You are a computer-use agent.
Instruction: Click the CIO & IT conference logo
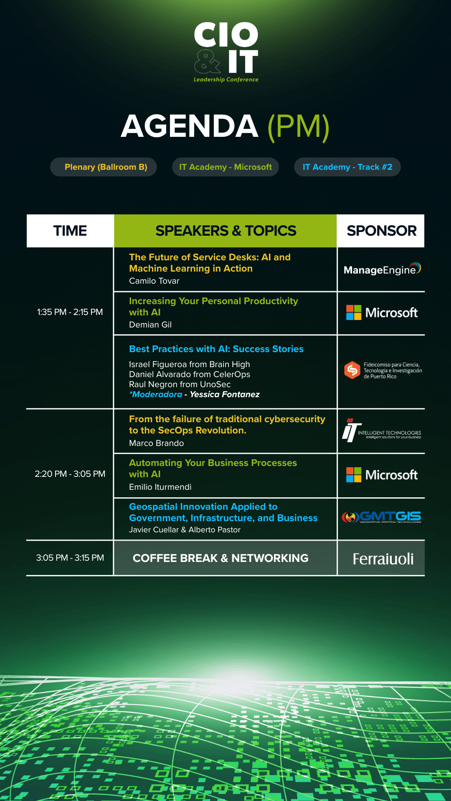click(226, 52)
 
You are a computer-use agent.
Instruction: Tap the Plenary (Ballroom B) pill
click(104, 167)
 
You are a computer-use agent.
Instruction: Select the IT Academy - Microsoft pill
click(225, 167)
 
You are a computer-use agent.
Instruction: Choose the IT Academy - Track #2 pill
click(347, 167)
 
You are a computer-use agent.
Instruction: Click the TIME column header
click(70, 231)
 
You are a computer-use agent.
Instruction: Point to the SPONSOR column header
click(381, 231)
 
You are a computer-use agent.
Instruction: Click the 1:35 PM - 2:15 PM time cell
click(70, 312)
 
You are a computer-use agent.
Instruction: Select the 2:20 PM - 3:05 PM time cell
click(70, 474)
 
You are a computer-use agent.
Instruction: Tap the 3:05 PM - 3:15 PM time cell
click(70, 558)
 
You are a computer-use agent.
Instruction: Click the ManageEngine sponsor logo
click(382, 269)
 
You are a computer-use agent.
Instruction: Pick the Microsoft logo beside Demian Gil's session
click(382, 312)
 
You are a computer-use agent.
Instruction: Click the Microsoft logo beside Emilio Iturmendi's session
click(382, 475)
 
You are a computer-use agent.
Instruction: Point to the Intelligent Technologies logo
click(382, 431)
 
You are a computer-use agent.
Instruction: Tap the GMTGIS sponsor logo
click(381, 517)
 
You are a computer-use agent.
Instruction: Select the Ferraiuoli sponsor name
click(383, 559)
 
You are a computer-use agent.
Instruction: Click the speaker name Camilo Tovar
click(154, 281)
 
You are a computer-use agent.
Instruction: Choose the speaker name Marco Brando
click(156, 443)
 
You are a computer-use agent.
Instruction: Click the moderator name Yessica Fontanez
click(225, 394)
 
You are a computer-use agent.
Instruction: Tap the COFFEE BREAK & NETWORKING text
click(220, 558)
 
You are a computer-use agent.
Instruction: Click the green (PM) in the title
click(299, 127)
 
